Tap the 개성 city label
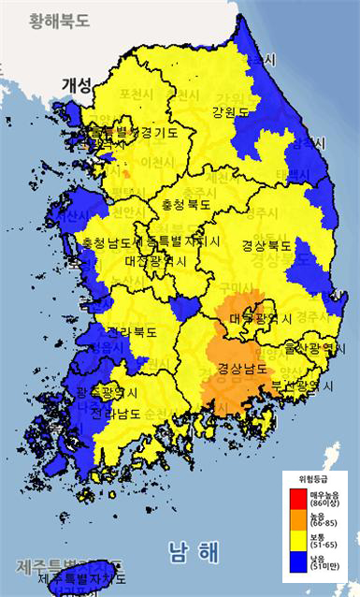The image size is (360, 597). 77,84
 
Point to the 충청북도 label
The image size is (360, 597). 182,202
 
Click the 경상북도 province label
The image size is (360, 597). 266,246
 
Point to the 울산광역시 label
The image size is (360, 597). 304,348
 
